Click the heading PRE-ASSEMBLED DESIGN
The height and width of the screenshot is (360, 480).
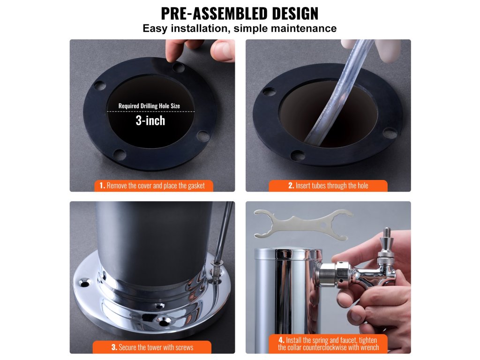click(x=240, y=13)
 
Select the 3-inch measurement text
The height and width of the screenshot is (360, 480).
click(x=150, y=120)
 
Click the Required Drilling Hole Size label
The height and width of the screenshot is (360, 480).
click(x=149, y=106)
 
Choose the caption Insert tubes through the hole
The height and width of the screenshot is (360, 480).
click(x=328, y=186)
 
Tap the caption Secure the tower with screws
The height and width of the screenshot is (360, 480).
click(x=152, y=347)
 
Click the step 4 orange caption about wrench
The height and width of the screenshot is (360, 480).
click(x=328, y=344)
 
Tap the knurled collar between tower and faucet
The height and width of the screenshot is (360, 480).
click(x=343, y=274)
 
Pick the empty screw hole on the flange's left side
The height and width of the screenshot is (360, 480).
click(x=84, y=283)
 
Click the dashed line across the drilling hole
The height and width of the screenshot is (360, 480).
click(x=150, y=112)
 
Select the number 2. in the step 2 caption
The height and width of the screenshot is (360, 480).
click(x=291, y=186)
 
